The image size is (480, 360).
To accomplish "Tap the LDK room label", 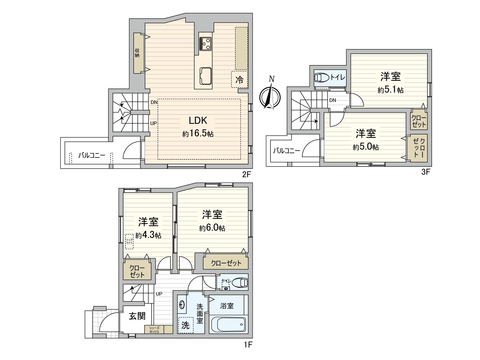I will click(198, 121).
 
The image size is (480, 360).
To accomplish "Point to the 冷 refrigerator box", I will click(239, 79).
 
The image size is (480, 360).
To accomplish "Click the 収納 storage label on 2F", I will click(137, 53).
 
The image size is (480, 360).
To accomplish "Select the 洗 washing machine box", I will click(185, 325).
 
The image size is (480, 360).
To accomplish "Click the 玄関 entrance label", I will click(137, 316).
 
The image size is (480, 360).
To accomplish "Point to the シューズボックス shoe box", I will click(154, 330).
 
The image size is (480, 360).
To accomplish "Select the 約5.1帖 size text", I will click(390, 90).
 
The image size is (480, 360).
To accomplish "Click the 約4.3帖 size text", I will click(148, 235).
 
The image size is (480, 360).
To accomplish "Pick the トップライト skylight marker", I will click(129, 241).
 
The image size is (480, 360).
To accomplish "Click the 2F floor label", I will click(246, 175).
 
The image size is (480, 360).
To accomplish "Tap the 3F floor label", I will click(426, 172).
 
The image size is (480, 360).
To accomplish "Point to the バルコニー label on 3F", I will click(286, 151).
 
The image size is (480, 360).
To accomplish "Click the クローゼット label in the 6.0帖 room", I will click(226, 263).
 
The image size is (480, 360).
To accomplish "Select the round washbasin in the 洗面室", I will click(182, 305).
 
